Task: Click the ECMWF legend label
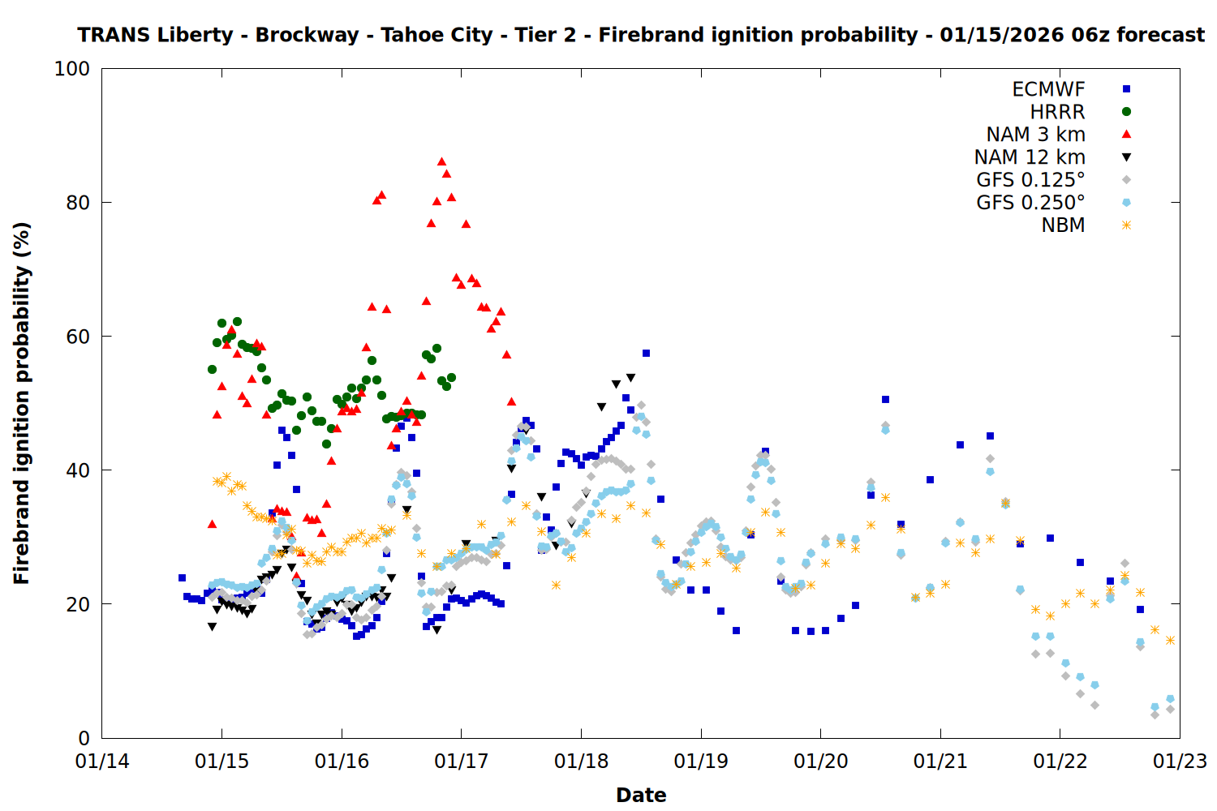pos(1048,89)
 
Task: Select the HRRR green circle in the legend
pos(1126,112)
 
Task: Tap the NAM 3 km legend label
pos(1035,135)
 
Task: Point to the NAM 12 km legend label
pos(1030,157)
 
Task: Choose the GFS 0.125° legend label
pos(1030,180)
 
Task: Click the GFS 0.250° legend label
pos(1030,203)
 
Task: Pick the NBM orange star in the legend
pos(1126,225)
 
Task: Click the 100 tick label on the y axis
pos(72,69)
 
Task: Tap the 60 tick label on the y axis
pos(77,337)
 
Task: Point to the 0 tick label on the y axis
pos(84,738)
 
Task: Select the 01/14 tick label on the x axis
pos(102,762)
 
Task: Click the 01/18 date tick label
pos(581,762)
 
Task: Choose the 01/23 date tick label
pos(1180,762)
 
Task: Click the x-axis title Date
pos(641,795)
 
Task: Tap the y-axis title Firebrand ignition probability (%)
pos(22,403)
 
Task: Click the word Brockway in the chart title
pos(307,35)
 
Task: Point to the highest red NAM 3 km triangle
pos(441,161)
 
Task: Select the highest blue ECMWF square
pos(646,353)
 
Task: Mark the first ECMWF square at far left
pos(182,578)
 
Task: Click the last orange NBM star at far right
pos(1170,640)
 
